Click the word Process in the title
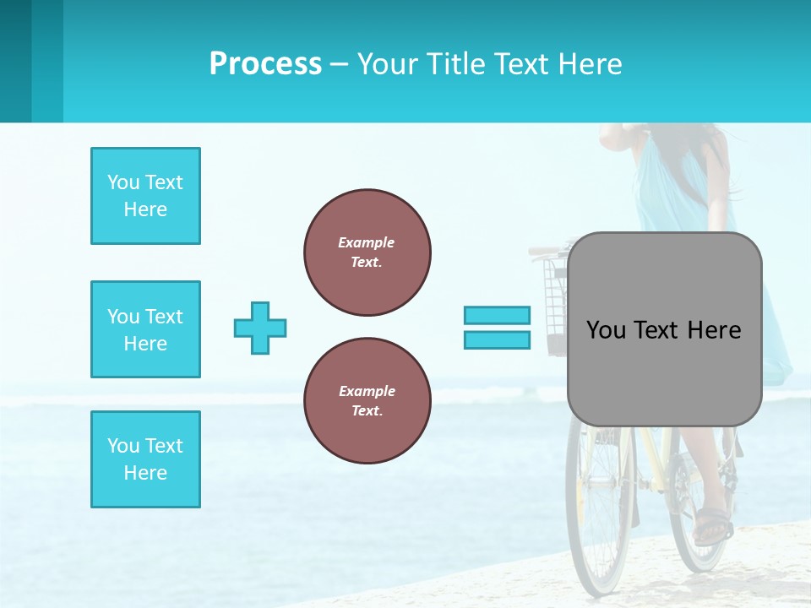click(x=265, y=64)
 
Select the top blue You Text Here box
click(x=145, y=196)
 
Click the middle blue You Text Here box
click(x=145, y=329)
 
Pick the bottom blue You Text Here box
click(x=145, y=459)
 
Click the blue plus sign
click(x=260, y=328)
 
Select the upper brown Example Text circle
click(x=367, y=252)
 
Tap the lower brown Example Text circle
click(x=367, y=400)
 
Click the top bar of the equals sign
click(x=497, y=315)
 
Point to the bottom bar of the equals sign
click(x=497, y=339)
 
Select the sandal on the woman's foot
click(x=711, y=525)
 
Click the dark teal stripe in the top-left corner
click(x=15, y=61)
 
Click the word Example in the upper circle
click(x=366, y=242)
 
